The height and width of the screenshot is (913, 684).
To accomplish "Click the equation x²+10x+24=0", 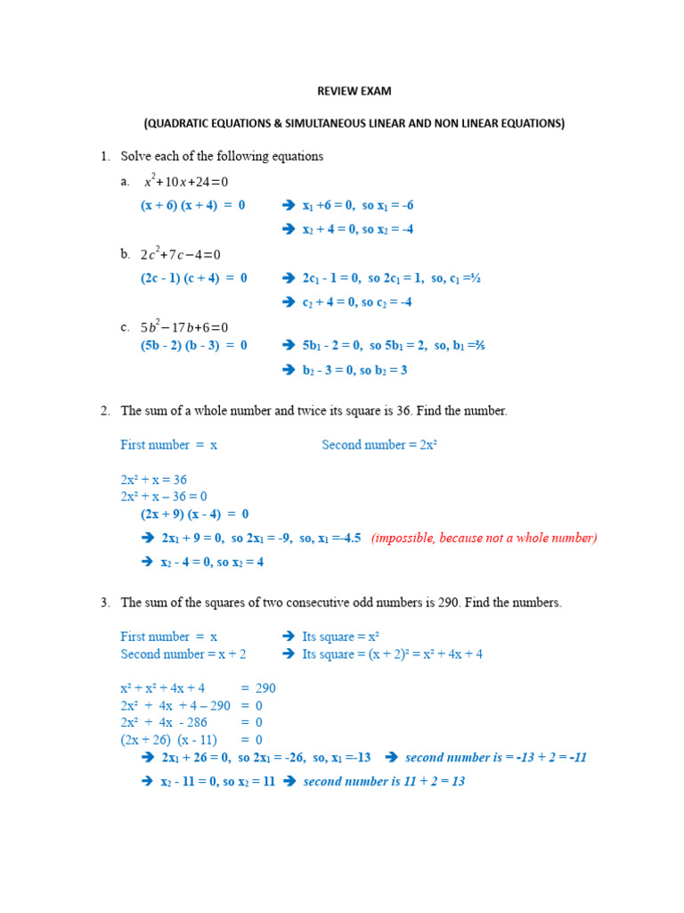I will pos(186,182).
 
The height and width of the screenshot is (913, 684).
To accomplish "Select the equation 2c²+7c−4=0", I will pos(180,255).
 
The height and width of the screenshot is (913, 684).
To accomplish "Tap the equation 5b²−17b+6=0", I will pos(184,327).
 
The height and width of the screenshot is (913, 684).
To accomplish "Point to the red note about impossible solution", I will pos(484,538).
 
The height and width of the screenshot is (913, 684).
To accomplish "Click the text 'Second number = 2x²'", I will pos(379,445).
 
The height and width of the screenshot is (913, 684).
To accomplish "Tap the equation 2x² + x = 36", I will pos(153,480).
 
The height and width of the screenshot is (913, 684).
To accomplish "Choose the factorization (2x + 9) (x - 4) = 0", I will pos(194,514).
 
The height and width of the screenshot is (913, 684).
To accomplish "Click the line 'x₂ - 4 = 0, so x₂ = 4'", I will pos(212,562).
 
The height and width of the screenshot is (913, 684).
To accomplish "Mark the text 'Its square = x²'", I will pos(341,637).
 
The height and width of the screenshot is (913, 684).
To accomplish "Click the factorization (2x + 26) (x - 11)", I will pos(169,740).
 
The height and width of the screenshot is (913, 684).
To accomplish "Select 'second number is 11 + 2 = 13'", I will pos(384,781).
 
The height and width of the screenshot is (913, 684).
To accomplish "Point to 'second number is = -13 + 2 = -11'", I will pos(495,758).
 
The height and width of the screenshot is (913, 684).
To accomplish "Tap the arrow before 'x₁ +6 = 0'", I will pos(288,206).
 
